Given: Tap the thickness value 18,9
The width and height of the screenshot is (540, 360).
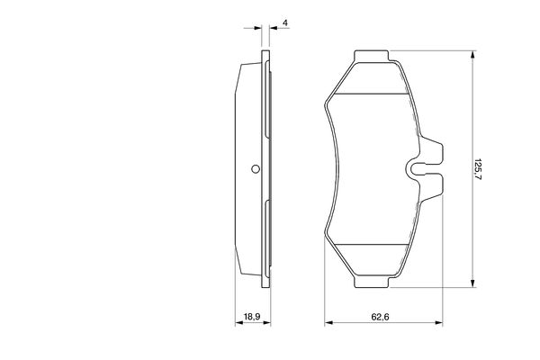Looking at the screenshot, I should pos(251,317).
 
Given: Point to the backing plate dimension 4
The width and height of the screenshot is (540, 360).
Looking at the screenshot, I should pos(284,22).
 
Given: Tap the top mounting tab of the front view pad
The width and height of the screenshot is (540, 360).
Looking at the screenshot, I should pos(372,59).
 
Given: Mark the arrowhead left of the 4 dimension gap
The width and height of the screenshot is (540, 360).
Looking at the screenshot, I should pos(256,29).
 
